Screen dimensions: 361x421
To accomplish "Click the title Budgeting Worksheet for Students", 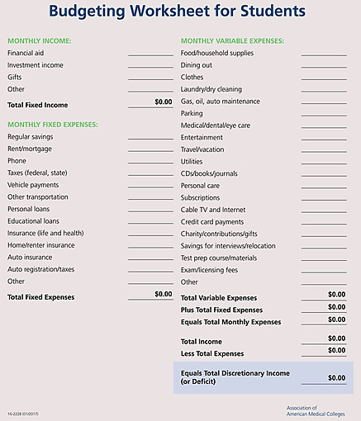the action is (176, 12).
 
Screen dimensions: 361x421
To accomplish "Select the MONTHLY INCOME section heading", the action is (39, 40).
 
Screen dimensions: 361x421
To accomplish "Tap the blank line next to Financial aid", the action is (150, 54).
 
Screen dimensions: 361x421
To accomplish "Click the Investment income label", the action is (36, 64).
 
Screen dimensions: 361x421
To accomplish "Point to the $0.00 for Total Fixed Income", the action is (163, 102).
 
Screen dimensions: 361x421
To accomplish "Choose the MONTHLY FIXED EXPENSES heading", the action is (52, 124).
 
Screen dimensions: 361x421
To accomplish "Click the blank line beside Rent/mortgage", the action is (150, 151).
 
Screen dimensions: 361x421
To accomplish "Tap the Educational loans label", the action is (33, 221).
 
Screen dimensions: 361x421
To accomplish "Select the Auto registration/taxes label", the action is (40, 269).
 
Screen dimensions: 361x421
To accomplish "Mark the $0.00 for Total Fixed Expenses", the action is (163, 294).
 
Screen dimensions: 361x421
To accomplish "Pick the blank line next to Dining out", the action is (324, 66).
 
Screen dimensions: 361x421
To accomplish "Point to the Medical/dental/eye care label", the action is (216, 125).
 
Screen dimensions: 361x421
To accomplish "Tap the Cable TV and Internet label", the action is (213, 210).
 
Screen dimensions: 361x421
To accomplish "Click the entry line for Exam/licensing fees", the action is (324, 271).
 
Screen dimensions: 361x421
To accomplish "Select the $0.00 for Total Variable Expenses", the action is (336, 295).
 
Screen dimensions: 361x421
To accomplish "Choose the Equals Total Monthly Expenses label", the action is (230, 322).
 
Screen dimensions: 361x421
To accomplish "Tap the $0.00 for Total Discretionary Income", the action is (336, 378).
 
